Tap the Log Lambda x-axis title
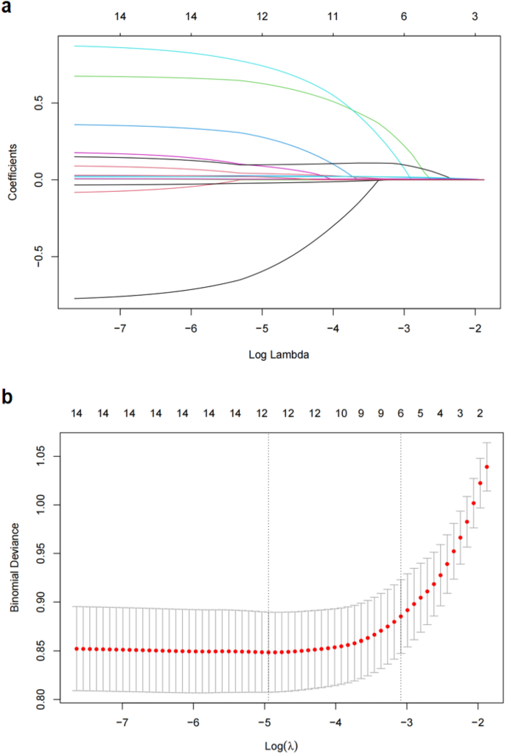(x=280, y=355)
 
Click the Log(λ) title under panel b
(x=280, y=744)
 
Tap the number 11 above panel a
(x=332, y=15)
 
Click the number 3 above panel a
(x=476, y=15)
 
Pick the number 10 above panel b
(x=340, y=414)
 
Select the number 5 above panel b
(x=420, y=414)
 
